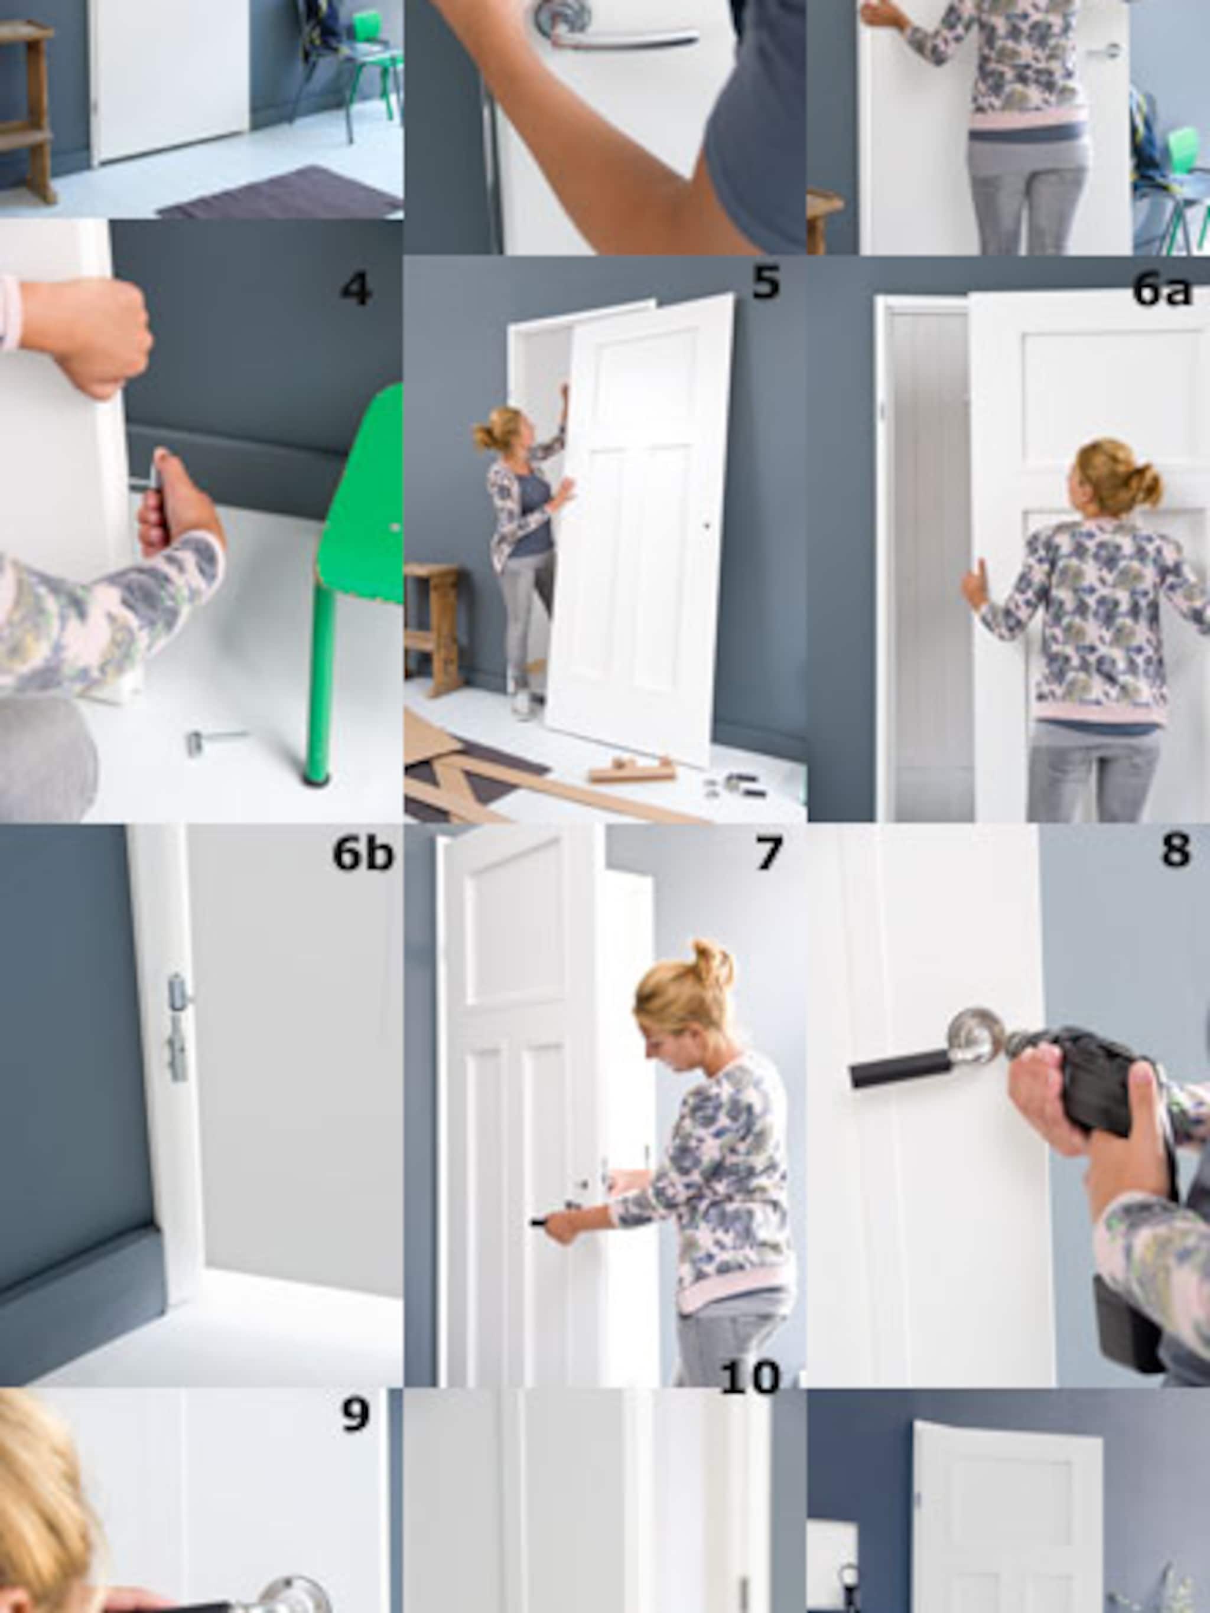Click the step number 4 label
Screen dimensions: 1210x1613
coord(356,289)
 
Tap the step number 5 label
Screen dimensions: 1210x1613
coord(766,282)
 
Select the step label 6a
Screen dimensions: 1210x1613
coord(1162,289)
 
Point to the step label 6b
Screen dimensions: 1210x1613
coord(363,853)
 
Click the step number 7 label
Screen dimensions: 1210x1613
coord(768,853)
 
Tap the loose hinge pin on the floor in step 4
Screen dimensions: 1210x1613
coord(216,740)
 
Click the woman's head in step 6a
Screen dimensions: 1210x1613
coord(1117,479)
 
